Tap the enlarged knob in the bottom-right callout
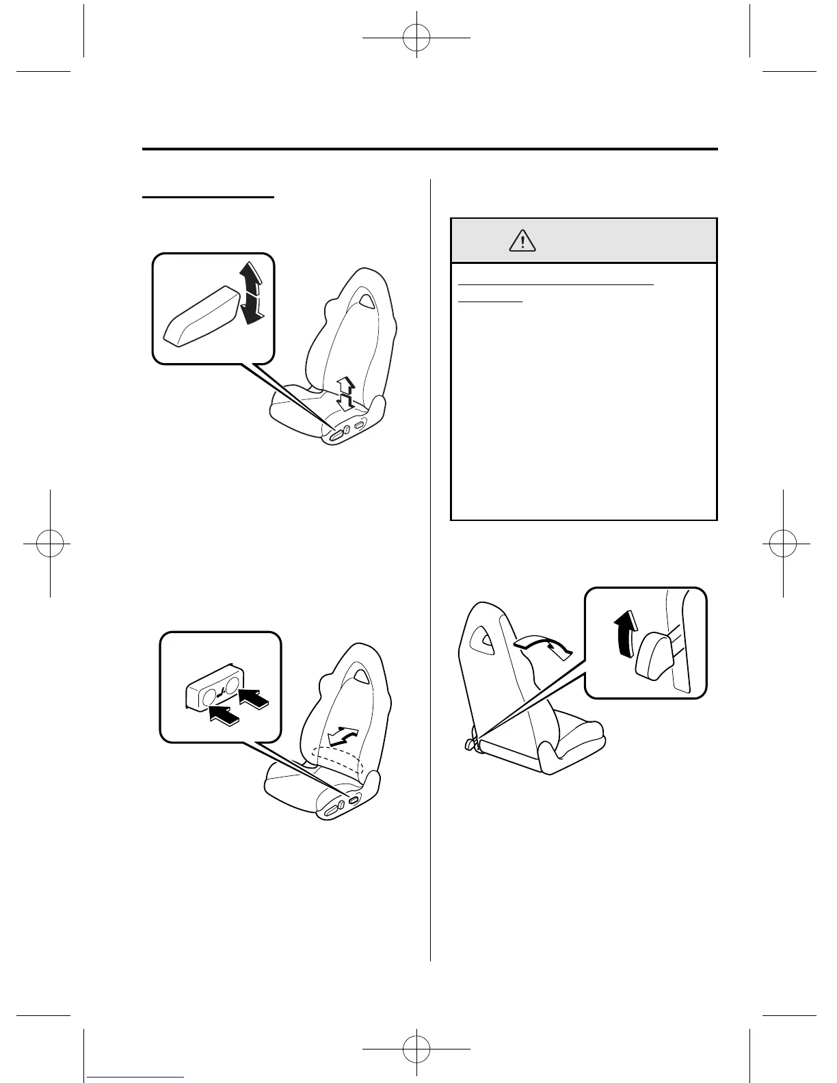point(654,653)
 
